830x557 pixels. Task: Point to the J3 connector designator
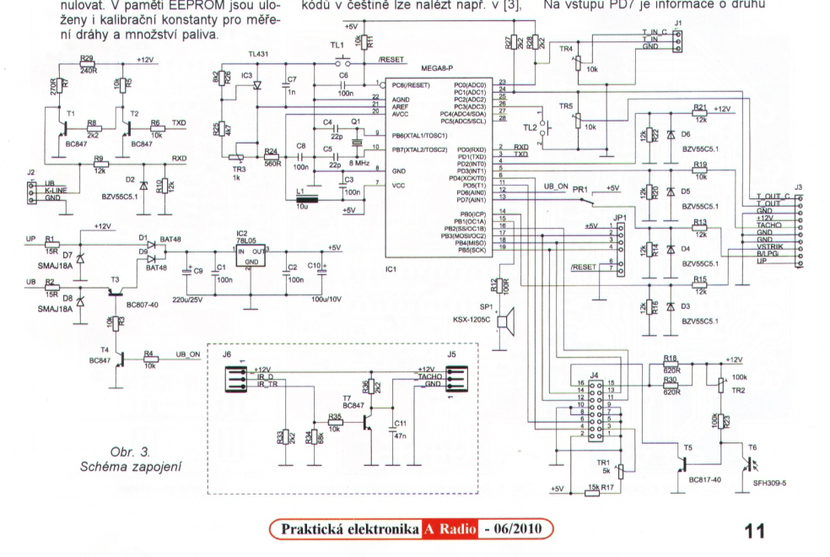coord(799,187)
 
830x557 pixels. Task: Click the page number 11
coord(754,531)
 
